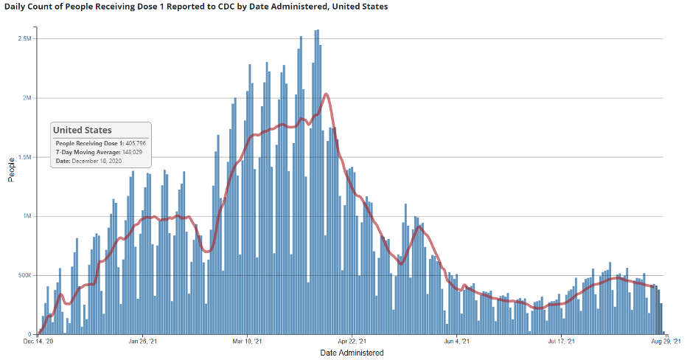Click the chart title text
click(196, 7)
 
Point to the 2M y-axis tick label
click(27, 98)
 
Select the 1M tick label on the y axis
click(27, 216)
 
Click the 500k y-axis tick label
click(24, 275)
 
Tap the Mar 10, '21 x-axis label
click(248, 342)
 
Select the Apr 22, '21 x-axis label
click(352, 342)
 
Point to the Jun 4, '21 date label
click(457, 342)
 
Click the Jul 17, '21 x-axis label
click(562, 342)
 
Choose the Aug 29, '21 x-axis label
click(666, 342)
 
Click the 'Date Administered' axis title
click(352, 353)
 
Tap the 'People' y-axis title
click(11, 170)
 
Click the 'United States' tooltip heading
click(83, 131)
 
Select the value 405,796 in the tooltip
click(133, 142)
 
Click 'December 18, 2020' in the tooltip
click(98, 160)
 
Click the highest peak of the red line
click(326, 94)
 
